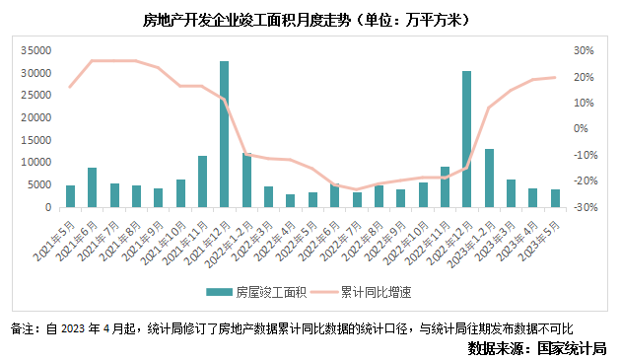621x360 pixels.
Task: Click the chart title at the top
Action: pos(304,19)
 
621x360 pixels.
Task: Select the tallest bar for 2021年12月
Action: pos(224,134)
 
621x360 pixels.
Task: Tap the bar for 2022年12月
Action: pos(466,139)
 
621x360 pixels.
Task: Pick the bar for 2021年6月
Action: pos(92,187)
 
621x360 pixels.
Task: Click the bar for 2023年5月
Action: pos(555,198)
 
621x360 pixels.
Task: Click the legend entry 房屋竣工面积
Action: pos(256,292)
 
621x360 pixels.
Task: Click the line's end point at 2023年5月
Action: pos(555,77)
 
